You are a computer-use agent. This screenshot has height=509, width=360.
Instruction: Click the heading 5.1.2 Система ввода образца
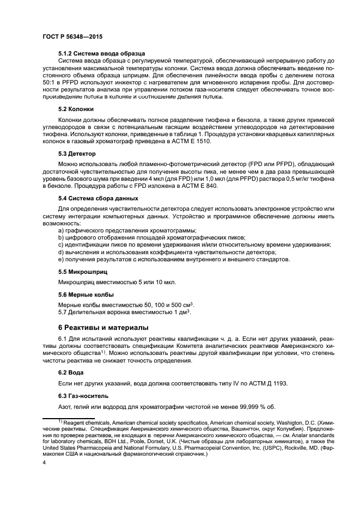point(101,53)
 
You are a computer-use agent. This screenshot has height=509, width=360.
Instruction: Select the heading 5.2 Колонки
point(78,109)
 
